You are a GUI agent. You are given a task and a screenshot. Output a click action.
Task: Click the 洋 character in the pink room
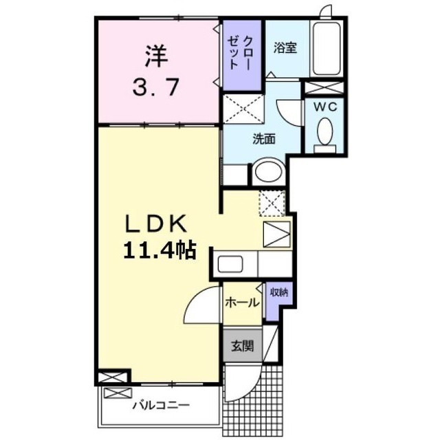click(x=156, y=56)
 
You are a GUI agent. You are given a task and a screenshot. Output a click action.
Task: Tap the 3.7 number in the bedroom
click(x=155, y=87)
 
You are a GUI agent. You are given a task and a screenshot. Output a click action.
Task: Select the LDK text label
click(x=156, y=223)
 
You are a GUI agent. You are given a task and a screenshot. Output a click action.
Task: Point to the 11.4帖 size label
click(x=159, y=250)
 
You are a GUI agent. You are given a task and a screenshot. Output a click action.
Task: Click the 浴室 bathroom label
click(x=285, y=48)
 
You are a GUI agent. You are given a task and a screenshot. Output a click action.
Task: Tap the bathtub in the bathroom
click(x=327, y=48)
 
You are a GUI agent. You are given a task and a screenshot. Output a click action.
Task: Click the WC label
click(x=325, y=107)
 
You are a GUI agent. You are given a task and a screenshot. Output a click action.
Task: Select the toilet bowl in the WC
click(x=325, y=131)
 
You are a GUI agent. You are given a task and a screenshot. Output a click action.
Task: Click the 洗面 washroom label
click(x=264, y=139)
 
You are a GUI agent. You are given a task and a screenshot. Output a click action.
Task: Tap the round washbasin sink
click(x=269, y=172)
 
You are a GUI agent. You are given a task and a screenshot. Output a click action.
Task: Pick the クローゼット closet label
click(x=240, y=53)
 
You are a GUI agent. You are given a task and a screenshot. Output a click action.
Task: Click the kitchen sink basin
click(x=230, y=264)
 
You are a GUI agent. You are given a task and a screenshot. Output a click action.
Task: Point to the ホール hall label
click(x=242, y=302)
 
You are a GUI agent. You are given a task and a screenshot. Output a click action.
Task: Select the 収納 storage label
click(x=279, y=293)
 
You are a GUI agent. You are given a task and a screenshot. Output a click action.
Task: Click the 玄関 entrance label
click(x=242, y=346)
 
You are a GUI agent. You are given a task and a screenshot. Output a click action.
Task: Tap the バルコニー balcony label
click(x=161, y=405)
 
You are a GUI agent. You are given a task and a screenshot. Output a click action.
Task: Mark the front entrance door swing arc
click(x=252, y=388)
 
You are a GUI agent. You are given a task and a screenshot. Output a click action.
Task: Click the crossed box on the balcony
click(x=118, y=393)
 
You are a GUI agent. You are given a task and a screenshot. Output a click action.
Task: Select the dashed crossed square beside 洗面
click(x=243, y=109)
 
